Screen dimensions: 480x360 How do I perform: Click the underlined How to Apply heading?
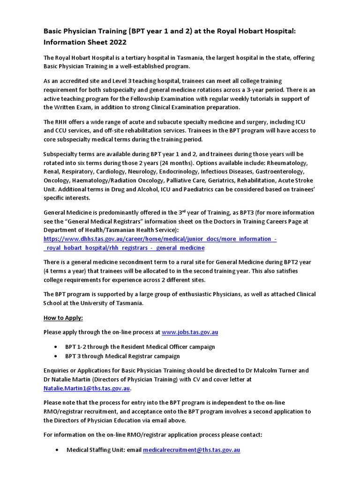[63, 318]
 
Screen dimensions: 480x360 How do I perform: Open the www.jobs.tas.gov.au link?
[190, 332]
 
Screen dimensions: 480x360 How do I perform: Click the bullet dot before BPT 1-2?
[56, 347]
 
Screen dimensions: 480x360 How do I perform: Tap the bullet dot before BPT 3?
[56, 356]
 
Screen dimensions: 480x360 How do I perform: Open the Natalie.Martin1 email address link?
[87, 388]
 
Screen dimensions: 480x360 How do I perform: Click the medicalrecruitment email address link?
[192, 450]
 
